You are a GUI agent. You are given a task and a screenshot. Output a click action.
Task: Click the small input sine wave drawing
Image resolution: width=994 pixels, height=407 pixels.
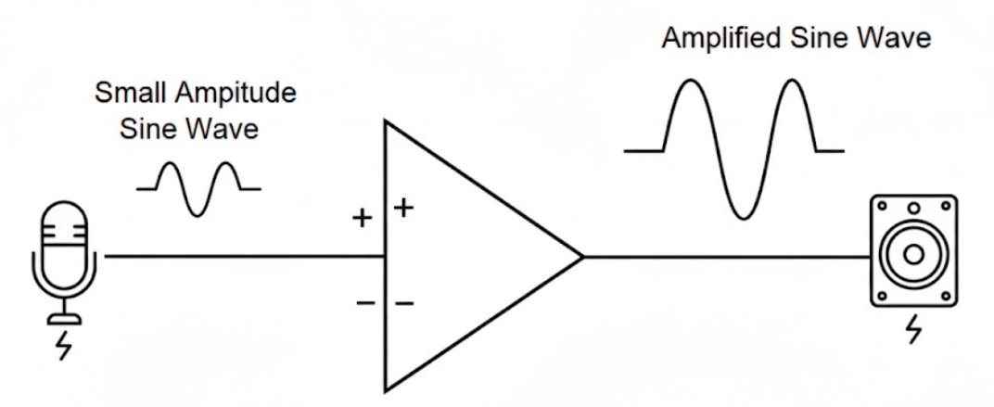[x=198, y=188]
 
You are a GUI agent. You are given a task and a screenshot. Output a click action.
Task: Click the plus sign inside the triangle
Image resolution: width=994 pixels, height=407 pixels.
[x=403, y=208]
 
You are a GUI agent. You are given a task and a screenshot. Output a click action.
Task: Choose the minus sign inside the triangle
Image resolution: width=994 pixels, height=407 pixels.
[x=404, y=302]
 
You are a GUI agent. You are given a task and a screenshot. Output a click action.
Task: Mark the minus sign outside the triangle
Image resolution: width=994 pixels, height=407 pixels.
[x=365, y=302]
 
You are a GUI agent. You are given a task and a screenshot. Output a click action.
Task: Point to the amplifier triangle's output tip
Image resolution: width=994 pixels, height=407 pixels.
[x=580, y=256]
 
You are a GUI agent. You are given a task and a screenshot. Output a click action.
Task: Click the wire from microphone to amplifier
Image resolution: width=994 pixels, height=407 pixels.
[x=241, y=256]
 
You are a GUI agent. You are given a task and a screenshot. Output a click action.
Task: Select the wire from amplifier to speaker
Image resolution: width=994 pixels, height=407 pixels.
[x=723, y=256]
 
